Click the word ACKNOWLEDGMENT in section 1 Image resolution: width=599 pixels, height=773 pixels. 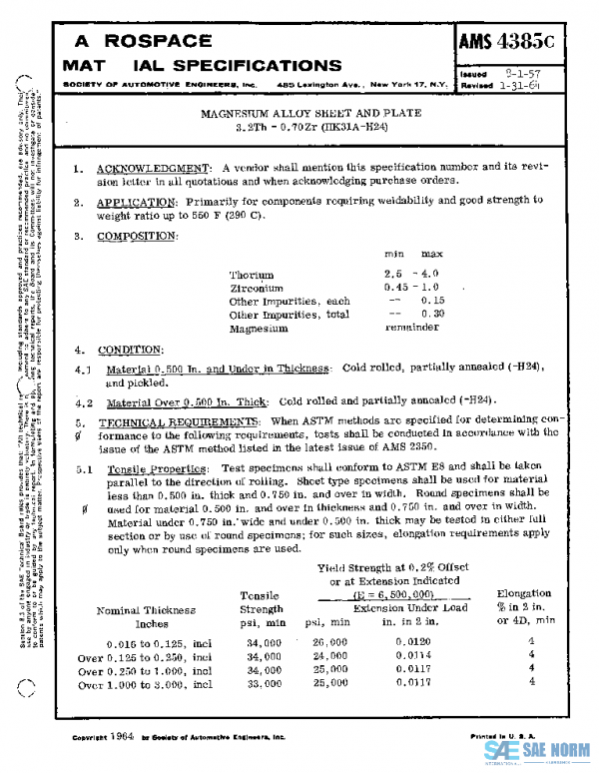139,167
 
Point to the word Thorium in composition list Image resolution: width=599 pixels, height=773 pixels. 251,274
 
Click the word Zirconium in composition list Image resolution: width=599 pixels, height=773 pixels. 257,287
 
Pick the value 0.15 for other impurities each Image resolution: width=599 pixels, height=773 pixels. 431,301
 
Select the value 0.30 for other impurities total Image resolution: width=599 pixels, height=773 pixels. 431,314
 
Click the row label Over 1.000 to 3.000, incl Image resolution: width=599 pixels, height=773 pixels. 146,684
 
